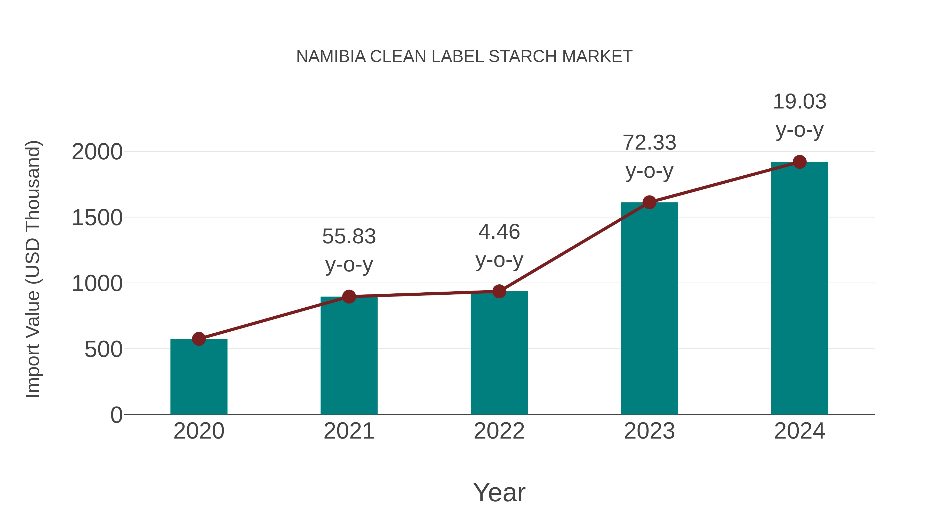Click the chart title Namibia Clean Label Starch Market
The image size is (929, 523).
[x=464, y=57]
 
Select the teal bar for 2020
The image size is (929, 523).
[x=199, y=377]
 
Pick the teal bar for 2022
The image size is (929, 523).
[x=499, y=353]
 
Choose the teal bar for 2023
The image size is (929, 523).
[x=649, y=309]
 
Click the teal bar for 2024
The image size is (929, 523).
[x=799, y=289]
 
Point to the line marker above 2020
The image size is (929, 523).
[x=199, y=339]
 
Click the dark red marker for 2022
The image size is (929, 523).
[x=499, y=291]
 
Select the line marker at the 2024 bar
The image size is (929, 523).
[x=799, y=162]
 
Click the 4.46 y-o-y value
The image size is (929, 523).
[x=499, y=232]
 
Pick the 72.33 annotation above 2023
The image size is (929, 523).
[x=649, y=143]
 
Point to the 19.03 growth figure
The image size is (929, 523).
[x=799, y=102]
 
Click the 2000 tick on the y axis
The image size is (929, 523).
[x=97, y=152]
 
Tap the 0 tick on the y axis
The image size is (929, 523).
[x=116, y=415]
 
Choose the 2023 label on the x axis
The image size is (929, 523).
[x=649, y=431]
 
